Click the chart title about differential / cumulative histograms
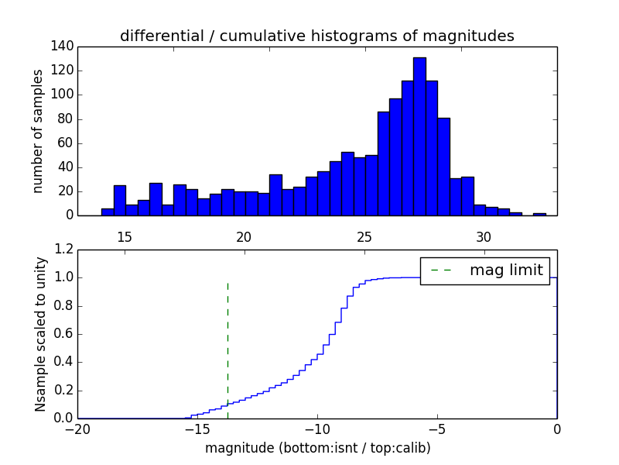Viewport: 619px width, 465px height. (x=317, y=36)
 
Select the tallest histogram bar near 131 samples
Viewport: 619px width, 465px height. (x=419, y=136)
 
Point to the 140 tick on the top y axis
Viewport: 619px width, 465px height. (x=63, y=46)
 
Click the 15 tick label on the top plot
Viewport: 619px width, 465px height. (x=124, y=236)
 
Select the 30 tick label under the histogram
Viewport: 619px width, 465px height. (x=484, y=236)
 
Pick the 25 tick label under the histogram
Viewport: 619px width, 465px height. (x=364, y=236)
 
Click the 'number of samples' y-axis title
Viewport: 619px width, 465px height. (x=38, y=131)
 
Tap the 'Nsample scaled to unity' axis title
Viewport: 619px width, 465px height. (x=40, y=335)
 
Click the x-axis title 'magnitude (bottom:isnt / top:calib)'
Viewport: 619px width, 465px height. (x=317, y=448)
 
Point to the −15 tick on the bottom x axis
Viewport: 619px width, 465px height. (x=197, y=429)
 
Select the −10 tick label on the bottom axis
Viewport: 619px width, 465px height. (x=317, y=429)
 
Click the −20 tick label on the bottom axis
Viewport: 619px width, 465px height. (x=77, y=429)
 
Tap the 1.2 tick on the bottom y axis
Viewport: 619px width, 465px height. (x=63, y=250)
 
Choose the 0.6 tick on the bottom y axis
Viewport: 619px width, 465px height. (x=63, y=334)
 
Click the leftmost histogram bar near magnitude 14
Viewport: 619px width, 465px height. (x=108, y=212)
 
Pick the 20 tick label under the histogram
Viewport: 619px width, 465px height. (x=244, y=236)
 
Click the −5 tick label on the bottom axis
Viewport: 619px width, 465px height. (x=437, y=429)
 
